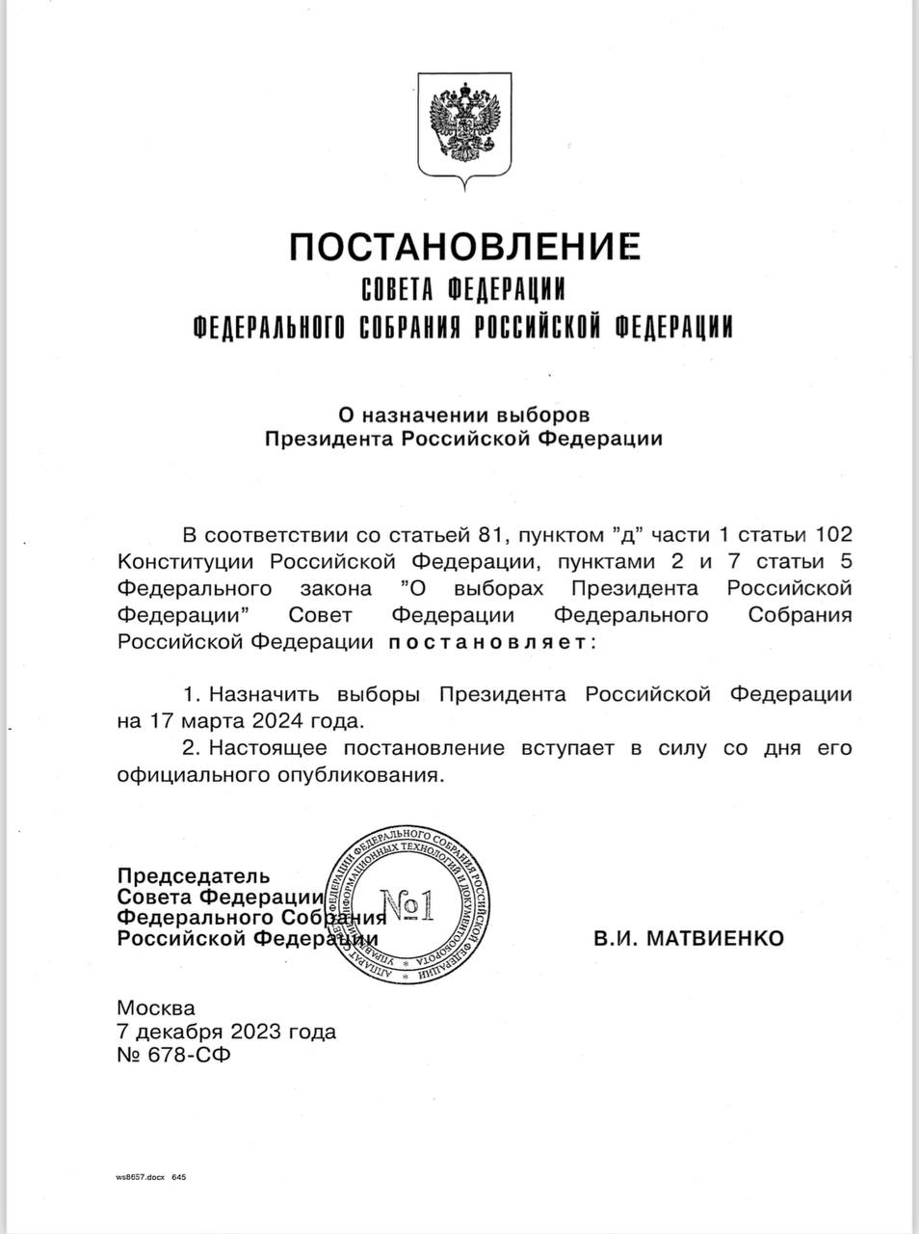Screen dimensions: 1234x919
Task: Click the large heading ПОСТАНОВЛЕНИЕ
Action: (464, 247)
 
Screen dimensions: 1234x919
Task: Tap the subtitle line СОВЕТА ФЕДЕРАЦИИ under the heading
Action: (462, 288)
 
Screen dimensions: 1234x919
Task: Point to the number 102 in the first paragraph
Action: (833, 534)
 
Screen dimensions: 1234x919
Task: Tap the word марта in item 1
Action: (217, 720)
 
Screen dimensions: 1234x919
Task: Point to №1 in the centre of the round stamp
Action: (409, 905)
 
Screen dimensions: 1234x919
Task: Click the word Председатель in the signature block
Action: (193, 876)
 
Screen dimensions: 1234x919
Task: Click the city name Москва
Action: (155, 1008)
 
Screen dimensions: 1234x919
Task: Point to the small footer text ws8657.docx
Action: (141, 1178)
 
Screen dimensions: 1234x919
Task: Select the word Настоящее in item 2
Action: (267, 747)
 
